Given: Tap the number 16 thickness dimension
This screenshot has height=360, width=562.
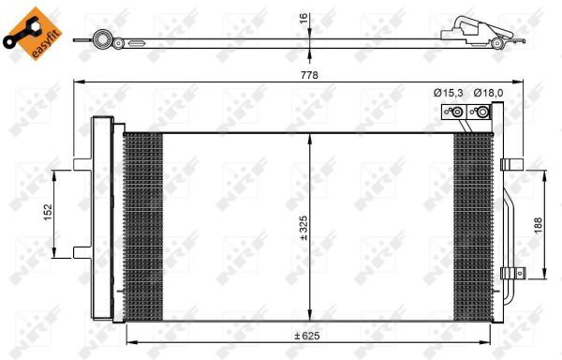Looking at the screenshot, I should tap(303, 20).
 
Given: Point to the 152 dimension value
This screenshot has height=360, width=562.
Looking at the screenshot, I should tap(46, 212).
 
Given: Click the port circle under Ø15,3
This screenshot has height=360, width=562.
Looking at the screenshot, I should tap(456, 114).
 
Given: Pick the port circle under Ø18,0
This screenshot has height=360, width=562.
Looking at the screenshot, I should tap(481, 114).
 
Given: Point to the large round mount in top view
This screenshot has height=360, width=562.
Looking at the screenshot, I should tap(100, 40).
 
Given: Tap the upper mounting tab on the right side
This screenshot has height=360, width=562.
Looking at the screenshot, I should tap(511, 165).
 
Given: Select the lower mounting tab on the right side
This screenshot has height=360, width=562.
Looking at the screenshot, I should tap(510, 273).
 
